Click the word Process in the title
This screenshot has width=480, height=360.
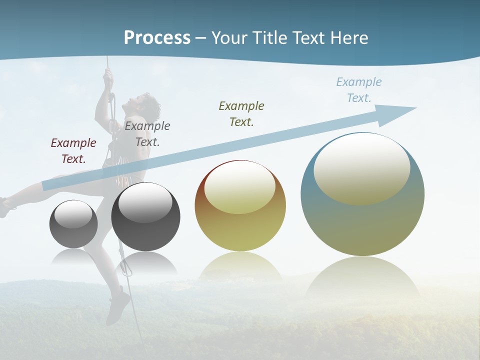(x=157, y=38)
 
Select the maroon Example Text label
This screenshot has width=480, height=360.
(x=73, y=151)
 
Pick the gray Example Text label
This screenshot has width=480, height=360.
(x=147, y=134)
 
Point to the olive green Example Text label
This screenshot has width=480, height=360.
(x=241, y=114)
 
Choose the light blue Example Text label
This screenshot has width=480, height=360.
(x=359, y=90)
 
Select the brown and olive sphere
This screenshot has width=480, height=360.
(x=240, y=206)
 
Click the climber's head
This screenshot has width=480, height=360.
(x=148, y=104)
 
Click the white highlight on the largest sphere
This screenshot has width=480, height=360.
(x=362, y=167)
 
